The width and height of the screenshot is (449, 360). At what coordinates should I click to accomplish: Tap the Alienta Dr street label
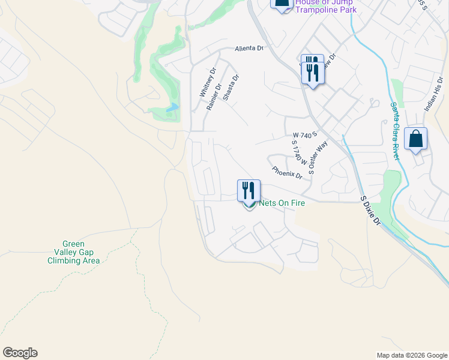(249, 49)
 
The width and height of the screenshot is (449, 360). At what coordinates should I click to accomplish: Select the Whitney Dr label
(207, 83)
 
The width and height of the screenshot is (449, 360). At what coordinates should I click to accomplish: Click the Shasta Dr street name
(231, 87)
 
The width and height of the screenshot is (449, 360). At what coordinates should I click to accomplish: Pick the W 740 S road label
(304, 136)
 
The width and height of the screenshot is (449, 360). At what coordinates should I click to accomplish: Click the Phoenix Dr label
(286, 173)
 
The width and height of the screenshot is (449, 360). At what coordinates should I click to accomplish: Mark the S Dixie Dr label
(370, 209)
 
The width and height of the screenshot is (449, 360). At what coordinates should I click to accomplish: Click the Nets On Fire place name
(282, 203)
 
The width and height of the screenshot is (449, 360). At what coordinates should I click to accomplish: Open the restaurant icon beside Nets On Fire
(249, 190)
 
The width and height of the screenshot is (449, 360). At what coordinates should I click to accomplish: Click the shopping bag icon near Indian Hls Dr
(416, 139)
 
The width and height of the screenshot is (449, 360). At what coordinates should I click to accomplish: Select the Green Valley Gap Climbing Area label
(73, 253)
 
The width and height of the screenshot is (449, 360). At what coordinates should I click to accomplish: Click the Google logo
(20, 353)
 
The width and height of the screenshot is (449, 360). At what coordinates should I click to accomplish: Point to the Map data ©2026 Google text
(411, 355)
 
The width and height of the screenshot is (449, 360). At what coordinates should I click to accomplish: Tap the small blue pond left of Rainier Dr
(172, 107)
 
